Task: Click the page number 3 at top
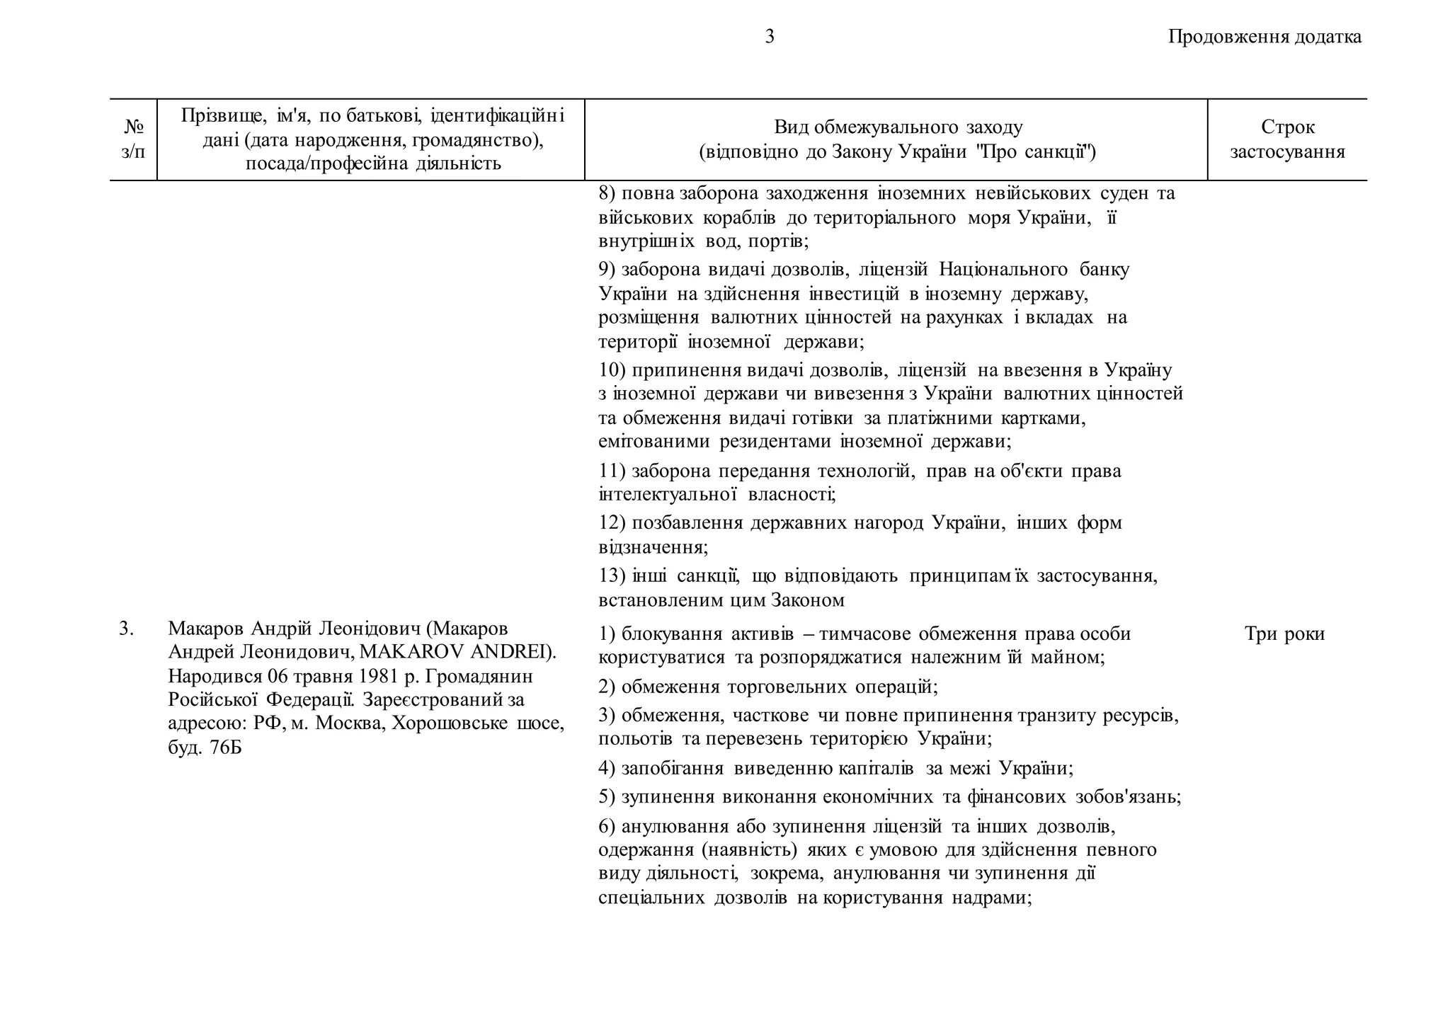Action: (770, 37)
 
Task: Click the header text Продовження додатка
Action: (1265, 37)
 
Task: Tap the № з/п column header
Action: (133, 139)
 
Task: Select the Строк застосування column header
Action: (1287, 139)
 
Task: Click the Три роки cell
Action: (1284, 634)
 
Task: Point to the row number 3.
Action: (127, 629)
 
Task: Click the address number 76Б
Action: (225, 748)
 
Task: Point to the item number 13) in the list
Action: (612, 576)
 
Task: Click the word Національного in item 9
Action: (1003, 270)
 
